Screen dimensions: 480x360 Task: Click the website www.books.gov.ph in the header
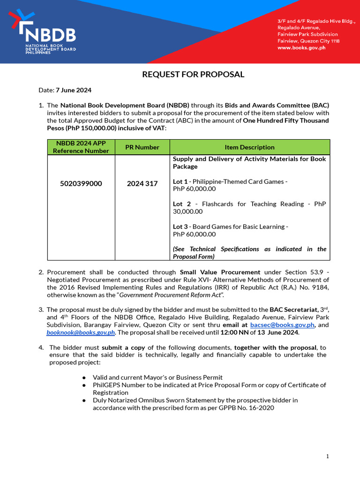[301, 48]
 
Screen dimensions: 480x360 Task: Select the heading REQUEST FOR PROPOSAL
[193, 75]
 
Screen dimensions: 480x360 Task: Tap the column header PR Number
[142, 147]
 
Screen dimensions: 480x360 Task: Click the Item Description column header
[249, 147]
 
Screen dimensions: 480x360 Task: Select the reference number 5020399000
[81, 184]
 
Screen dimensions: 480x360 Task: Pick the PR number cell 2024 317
[142, 184]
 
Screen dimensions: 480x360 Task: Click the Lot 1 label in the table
[180, 181]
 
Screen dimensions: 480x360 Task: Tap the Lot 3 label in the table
[180, 226]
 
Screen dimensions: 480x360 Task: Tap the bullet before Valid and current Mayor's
[83, 377]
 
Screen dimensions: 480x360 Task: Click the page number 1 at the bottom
[328, 456]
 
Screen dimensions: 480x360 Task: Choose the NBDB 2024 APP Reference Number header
[81, 147]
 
